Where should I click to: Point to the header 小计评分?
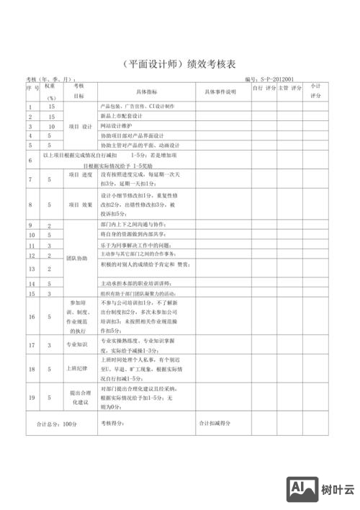pos(315,91)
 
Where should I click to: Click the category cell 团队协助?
pos(77,258)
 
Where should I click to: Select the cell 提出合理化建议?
pos(78,397)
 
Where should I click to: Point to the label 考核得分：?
pos(112,424)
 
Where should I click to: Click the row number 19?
pos(30,397)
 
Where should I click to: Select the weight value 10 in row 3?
pos(51,126)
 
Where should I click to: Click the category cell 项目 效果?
pos(80,205)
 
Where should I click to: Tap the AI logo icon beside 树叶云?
pos(302,490)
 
